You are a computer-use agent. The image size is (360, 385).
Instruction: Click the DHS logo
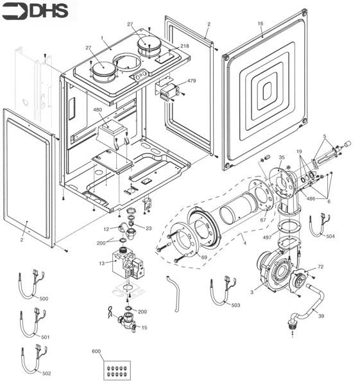click(x=39, y=11)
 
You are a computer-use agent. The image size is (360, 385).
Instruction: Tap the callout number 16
click(x=261, y=24)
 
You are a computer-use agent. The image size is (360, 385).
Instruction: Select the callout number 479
click(x=191, y=81)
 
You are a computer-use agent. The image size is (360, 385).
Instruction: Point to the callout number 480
click(x=98, y=110)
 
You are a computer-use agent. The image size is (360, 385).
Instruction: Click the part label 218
click(x=185, y=46)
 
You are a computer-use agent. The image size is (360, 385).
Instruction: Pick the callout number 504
click(x=330, y=237)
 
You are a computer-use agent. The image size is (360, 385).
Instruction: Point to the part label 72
click(x=320, y=266)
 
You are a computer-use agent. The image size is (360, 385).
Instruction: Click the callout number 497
click(x=266, y=237)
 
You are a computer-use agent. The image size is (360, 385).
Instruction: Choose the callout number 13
click(x=101, y=263)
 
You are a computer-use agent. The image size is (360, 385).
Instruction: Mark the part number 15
click(x=144, y=328)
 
